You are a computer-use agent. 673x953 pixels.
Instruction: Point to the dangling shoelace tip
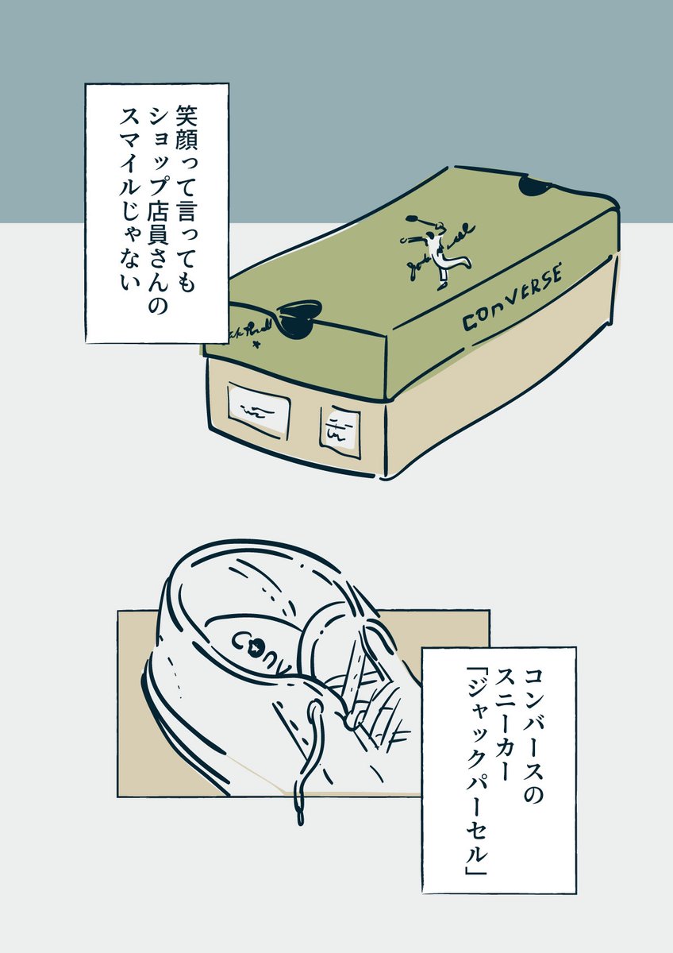(299, 812)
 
